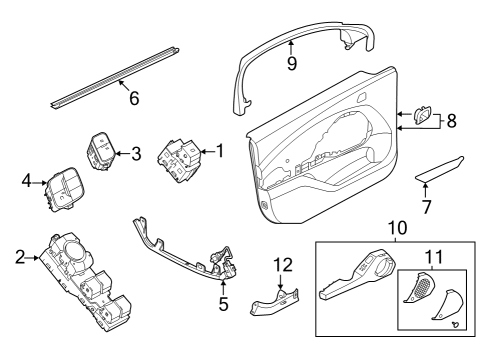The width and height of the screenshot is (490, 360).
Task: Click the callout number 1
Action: tap(220, 152)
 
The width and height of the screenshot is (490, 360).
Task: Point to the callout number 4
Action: tap(27, 182)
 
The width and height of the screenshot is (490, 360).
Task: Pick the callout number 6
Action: tap(134, 98)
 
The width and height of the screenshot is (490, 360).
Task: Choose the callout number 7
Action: tap(429, 207)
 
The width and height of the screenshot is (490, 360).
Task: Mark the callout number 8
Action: tap(450, 121)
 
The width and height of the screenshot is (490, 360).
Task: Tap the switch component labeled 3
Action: tap(102, 150)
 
